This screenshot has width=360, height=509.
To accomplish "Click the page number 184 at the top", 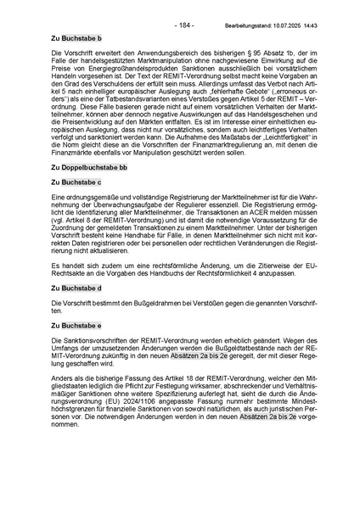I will tap(183, 25).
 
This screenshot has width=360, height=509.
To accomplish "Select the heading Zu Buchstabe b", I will tap(76, 39).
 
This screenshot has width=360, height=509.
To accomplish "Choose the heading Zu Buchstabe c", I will tap(76, 182).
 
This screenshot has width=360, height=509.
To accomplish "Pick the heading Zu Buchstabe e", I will tap(76, 326).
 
